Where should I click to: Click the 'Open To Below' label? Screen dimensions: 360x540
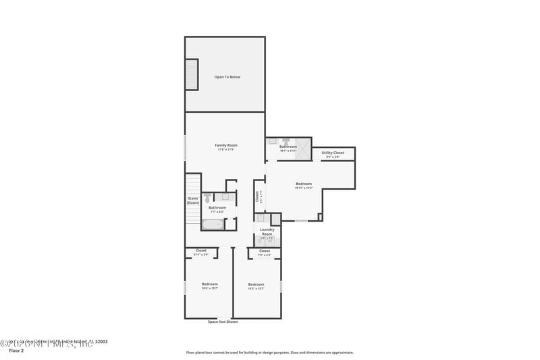[227, 77]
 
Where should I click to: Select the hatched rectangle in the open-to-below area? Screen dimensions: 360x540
[192, 74]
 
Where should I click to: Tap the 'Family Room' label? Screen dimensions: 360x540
[226, 145]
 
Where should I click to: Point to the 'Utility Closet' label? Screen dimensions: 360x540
[332, 153]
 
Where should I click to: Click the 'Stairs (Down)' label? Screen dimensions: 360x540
[193, 201]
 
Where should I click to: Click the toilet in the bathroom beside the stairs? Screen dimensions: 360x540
[208, 199]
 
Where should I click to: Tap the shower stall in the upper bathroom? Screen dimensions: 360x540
[303, 148]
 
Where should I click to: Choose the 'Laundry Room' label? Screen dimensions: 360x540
[267, 232]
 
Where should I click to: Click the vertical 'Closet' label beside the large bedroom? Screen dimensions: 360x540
[257, 196]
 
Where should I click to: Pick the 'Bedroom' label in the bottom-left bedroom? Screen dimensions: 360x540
[209, 284]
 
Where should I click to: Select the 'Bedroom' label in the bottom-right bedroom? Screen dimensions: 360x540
[256, 284]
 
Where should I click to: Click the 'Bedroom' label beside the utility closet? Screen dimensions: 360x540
[304, 184]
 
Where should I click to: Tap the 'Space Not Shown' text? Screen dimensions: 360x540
[223, 322]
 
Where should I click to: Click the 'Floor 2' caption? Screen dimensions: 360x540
[16, 351]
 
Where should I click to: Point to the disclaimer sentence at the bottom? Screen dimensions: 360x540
[269, 352]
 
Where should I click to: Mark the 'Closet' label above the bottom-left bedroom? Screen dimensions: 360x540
[201, 251]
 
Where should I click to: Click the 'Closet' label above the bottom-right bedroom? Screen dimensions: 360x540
[265, 251]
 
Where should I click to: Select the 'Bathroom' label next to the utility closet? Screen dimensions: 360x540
[288, 147]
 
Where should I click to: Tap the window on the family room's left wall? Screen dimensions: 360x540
[185, 147]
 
